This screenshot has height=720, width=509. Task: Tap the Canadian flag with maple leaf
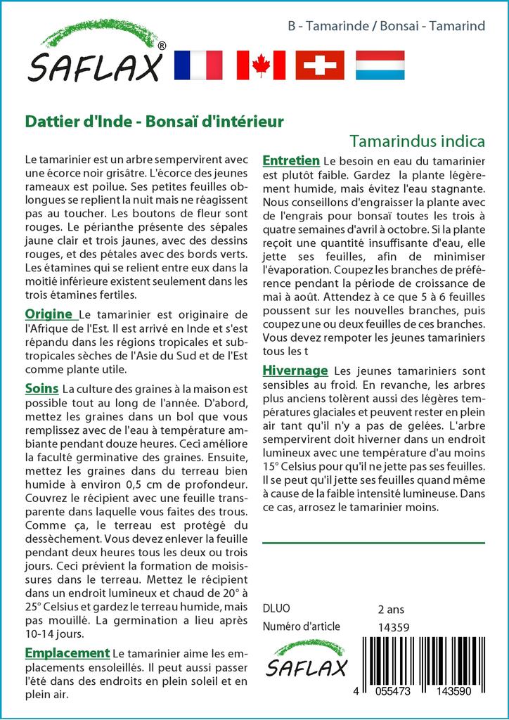click(x=261, y=65)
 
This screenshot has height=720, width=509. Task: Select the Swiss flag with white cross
click(x=320, y=65)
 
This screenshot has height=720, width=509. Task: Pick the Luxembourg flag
click(x=380, y=65)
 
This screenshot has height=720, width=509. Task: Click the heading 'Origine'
click(x=49, y=314)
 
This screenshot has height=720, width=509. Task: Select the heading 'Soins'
click(x=41, y=388)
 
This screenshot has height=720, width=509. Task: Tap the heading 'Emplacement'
click(x=67, y=654)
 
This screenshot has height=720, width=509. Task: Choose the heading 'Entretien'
click(x=291, y=160)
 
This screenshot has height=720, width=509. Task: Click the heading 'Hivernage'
click(x=295, y=371)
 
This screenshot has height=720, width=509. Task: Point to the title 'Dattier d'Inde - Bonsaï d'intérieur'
click(x=154, y=122)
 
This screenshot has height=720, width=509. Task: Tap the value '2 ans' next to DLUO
click(x=392, y=609)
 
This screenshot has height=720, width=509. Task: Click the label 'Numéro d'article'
click(x=301, y=627)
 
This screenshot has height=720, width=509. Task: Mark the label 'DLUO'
click(x=276, y=609)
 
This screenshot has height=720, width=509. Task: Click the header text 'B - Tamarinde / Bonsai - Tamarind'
click(x=387, y=26)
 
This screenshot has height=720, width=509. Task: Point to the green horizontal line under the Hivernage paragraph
click(x=373, y=543)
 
